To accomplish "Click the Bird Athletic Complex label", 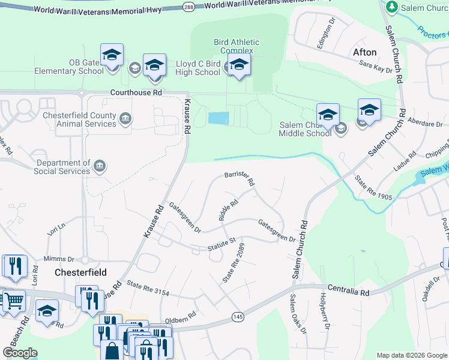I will pyautogui.click(x=237, y=46).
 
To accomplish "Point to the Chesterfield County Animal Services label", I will pyautogui.click(x=78, y=119).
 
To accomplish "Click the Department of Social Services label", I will pyautogui.click(x=63, y=167).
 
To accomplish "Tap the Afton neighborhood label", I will pyautogui.click(x=365, y=52).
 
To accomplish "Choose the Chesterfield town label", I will pyautogui.click(x=80, y=272).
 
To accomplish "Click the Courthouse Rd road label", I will pyautogui.click(x=136, y=93).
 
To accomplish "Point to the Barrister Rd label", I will pyautogui.click(x=240, y=177).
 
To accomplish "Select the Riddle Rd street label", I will pyautogui.click(x=229, y=211).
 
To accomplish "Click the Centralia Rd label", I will pyautogui.click(x=348, y=291).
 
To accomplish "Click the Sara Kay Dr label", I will pyautogui.click(x=376, y=66).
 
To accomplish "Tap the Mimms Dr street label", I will pyautogui.click(x=62, y=260).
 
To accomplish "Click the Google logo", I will pyautogui.click(x=20, y=353).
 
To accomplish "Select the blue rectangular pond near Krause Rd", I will pyautogui.click(x=218, y=118).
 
